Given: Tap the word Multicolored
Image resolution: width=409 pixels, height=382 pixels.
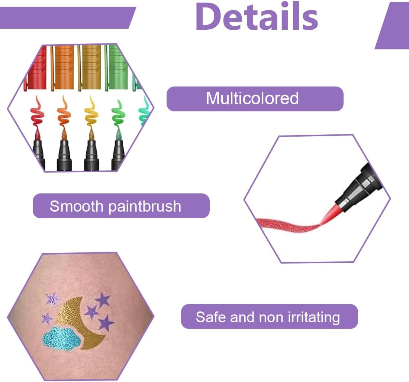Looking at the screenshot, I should point(252,98).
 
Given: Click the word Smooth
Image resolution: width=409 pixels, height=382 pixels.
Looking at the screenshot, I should point(77,206).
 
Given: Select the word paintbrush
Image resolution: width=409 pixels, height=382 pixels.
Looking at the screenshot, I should point(145,206).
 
